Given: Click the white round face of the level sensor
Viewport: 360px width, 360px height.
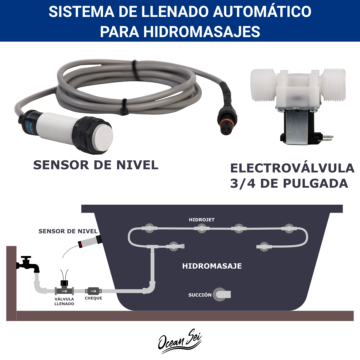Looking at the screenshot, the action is [x=104, y=135].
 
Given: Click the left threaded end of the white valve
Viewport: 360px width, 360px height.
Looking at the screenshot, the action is [x=263, y=85].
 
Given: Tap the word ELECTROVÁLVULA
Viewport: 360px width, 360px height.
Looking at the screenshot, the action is [x=292, y=168].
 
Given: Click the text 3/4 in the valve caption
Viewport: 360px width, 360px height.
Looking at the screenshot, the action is [x=243, y=183].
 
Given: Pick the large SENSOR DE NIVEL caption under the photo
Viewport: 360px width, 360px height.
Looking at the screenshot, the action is [x=96, y=165].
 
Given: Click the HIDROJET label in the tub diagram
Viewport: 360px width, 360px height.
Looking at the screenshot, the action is [x=202, y=220].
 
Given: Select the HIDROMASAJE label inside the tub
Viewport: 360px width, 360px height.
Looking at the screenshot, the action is [x=212, y=266].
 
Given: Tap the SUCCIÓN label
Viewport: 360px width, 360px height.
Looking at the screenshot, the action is [x=200, y=295].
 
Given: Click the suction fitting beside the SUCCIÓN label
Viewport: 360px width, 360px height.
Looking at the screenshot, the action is [x=221, y=294].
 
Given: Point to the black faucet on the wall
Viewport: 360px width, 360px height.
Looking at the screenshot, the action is [x=28, y=264].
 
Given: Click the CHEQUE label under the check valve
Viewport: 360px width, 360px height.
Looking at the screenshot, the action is [x=93, y=298].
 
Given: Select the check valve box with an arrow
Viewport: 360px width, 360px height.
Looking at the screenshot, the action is [x=93, y=291].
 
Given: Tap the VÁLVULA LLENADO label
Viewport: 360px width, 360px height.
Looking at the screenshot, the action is [x=64, y=301].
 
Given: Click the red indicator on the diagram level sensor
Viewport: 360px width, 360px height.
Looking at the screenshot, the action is [x=80, y=245].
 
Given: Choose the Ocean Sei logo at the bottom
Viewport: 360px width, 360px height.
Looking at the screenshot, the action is [x=180, y=341].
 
